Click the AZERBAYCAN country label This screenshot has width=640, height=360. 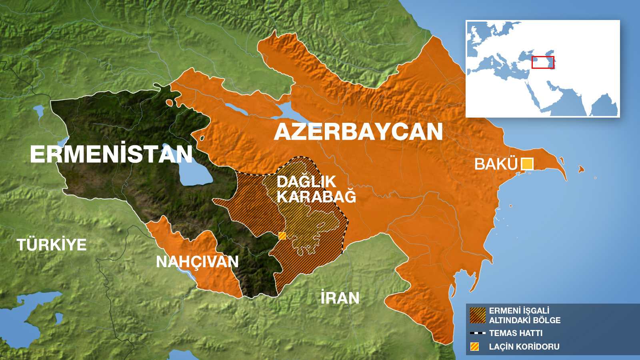pos(358,132)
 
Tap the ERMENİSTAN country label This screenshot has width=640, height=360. pos(111,154)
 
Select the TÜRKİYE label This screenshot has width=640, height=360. pos(52,245)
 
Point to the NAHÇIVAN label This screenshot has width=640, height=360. pos(197,262)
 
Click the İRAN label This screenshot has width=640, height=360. pos(340,298)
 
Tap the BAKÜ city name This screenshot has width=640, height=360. pos(496,164)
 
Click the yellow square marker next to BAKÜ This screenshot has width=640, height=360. pos(527,164)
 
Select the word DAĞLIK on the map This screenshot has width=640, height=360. pos(306,182)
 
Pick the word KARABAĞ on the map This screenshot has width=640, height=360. pos(316,197)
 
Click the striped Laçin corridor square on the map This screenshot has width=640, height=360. pos(282,236)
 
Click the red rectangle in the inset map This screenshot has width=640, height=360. pos(543,62)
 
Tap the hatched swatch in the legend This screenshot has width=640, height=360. pos(478,315)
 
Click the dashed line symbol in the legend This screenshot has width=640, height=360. pos(478,333)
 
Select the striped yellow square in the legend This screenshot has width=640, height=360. pos(475,347)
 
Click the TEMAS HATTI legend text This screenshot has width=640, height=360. pos(516,333)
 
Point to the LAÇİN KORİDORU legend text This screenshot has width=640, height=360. pos(524,347)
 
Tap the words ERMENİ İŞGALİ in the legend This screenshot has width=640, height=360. pos(519,311)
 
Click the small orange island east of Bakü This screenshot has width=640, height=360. pos(581,170)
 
